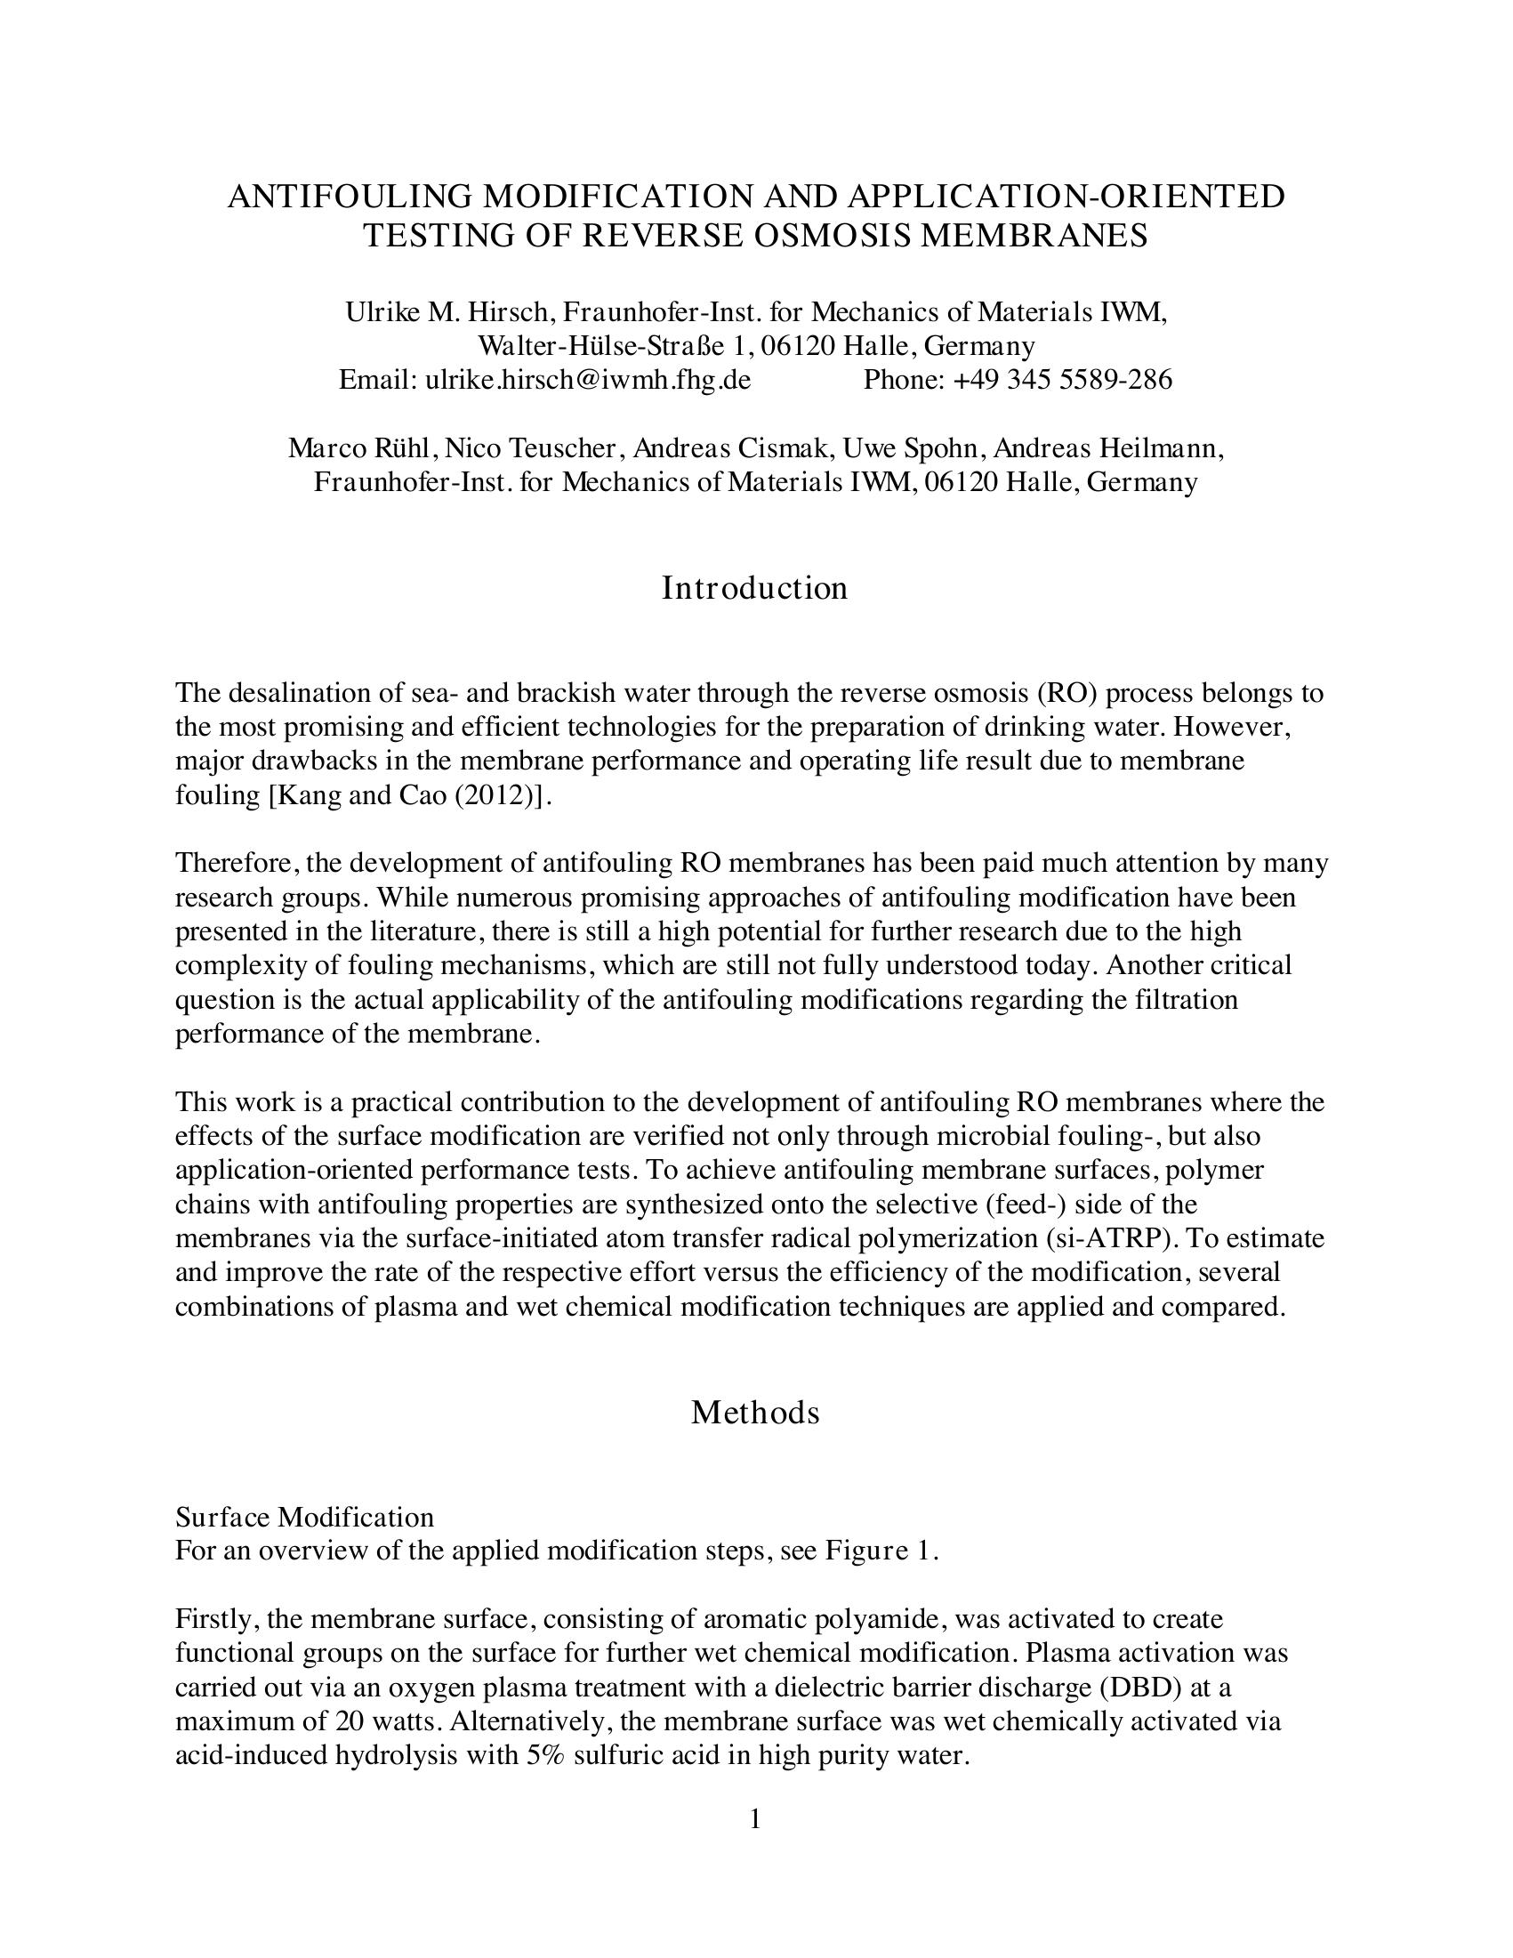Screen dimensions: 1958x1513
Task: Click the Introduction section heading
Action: pos(754,588)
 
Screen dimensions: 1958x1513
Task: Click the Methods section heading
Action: pos(754,1412)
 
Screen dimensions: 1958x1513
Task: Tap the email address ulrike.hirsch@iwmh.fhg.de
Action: pos(588,380)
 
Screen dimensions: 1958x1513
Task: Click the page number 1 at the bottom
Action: pos(754,1819)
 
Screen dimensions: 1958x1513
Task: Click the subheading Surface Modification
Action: pos(304,1517)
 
